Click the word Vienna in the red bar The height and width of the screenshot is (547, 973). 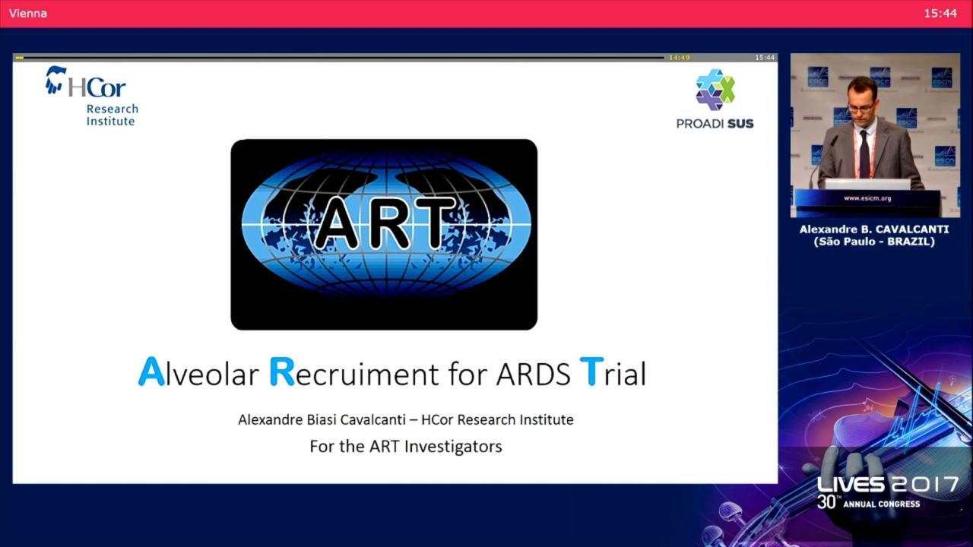(x=28, y=14)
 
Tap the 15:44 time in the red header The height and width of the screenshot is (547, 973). (x=940, y=14)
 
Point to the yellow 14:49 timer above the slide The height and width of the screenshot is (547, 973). (x=680, y=57)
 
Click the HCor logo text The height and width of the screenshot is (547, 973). (x=97, y=87)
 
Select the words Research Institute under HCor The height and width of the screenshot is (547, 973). (x=112, y=115)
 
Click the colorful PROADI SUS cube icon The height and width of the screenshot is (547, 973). (x=715, y=90)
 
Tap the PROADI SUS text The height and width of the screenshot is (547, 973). (x=715, y=124)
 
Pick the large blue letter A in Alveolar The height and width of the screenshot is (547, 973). (x=151, y=372)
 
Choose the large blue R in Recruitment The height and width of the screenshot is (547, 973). (x=282, y=372)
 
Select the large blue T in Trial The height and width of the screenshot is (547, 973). (x=591, y=372)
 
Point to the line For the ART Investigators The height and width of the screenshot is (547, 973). (x=406, y=446)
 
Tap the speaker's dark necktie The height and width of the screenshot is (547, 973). (x=864, y=153)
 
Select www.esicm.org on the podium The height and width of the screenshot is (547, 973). (x=867, y=198)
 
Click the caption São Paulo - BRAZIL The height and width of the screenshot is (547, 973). (x=874, y=242)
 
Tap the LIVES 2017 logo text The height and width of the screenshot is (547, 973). (x=888, y=485)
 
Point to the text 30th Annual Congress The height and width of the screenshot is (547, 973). (x=868, y=503)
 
